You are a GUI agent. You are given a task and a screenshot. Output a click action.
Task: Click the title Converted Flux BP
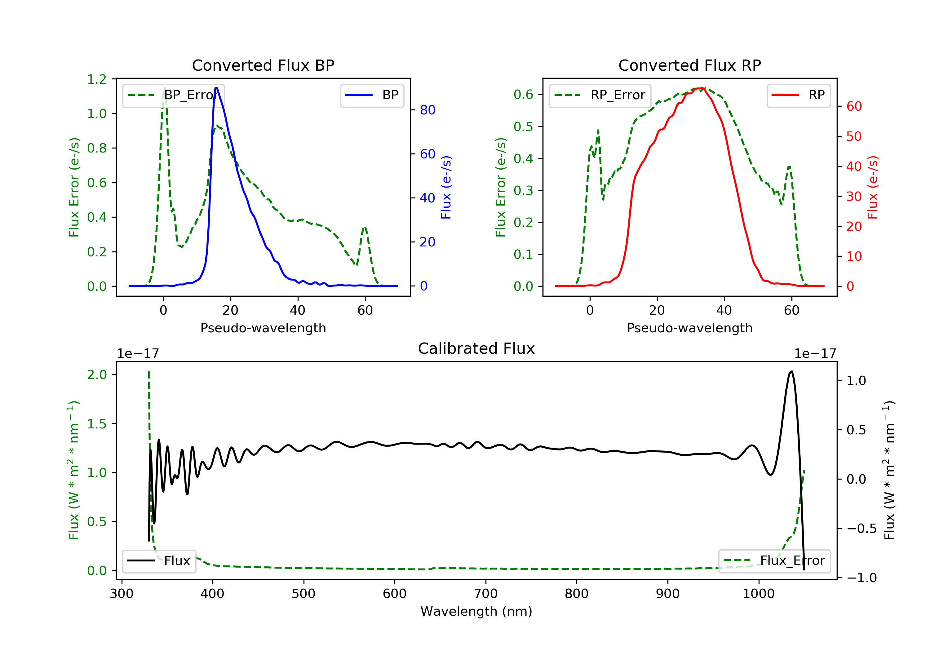tap(263, 65)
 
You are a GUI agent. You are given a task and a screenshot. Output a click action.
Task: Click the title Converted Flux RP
tap(689, 65)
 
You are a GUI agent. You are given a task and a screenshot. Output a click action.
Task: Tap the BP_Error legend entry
tap(173, 95)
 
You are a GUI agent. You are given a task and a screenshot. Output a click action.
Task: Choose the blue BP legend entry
tap(372, 95)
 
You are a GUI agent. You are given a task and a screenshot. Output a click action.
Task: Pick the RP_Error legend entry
tap(600, 95)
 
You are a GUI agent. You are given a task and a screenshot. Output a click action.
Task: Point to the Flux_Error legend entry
tap(774, 561)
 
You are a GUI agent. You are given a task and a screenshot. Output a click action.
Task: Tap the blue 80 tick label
tap(427, 110)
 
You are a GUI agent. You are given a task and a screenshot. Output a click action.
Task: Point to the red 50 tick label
tap(854, 136)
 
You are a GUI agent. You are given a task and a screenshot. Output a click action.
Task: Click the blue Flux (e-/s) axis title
tap(446, 187)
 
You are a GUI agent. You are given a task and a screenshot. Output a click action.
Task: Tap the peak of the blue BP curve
tap(216, 88)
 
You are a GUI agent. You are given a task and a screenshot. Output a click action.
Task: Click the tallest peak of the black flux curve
tap(791, 371)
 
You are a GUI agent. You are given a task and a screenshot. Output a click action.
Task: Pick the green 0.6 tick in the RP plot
tap(523, 95)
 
